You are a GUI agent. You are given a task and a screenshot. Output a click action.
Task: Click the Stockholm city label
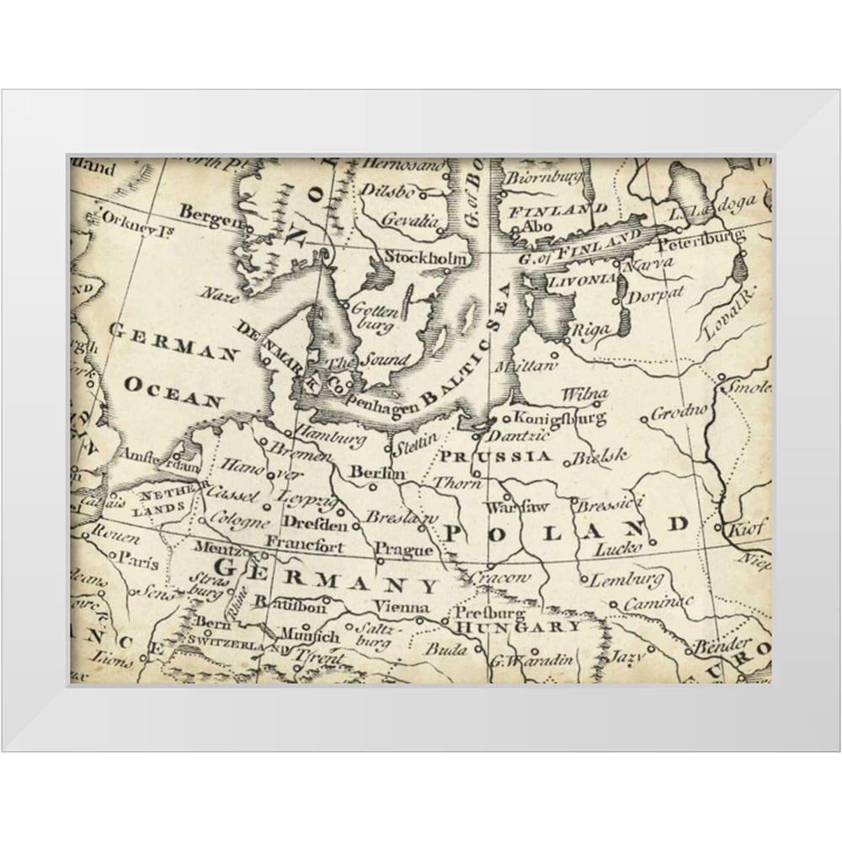tap(424, 258)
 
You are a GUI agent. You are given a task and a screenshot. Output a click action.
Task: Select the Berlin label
tap(371, 472)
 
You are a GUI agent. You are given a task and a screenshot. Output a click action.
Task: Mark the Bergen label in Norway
tap(205, 213)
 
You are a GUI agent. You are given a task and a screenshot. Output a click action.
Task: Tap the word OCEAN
tap(173, 392)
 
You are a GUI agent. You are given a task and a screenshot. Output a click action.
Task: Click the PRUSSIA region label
tap(495, 457)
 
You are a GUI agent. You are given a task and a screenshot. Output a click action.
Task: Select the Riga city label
tap(590, 331)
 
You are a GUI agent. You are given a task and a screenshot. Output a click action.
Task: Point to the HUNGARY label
tap(518, 626)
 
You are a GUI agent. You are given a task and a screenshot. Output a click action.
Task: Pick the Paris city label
tap(138, 557)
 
